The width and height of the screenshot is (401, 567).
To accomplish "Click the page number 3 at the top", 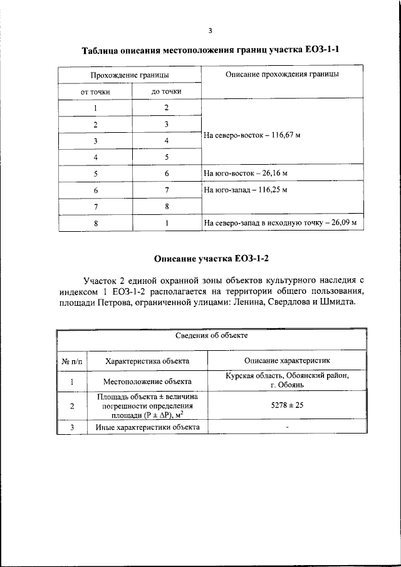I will point(211,29).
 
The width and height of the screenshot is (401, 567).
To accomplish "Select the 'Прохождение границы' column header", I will point(130,75).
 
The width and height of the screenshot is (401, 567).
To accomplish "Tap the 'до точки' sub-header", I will point(167,91).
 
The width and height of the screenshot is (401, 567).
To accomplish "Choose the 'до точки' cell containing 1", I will point(167,222).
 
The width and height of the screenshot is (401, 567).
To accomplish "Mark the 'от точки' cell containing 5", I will point(95,173).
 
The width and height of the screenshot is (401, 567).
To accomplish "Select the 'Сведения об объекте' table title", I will point(211,336).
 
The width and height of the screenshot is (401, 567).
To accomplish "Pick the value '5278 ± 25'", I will point(286,406).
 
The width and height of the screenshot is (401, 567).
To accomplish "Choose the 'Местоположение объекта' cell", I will point(148,381).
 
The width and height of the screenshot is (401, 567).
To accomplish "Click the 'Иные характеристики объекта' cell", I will point(148,427).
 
